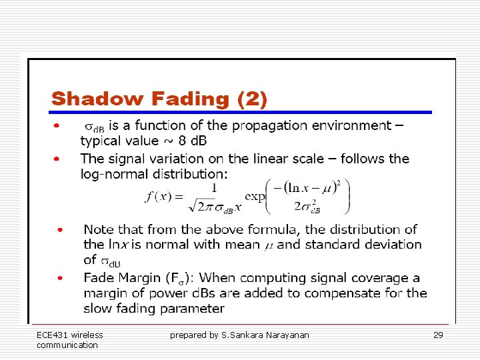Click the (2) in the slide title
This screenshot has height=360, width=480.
click(x=252, y=99)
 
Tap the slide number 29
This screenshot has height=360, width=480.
click(x=438, y=335)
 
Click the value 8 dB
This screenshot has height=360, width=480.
click(x=190, y=141)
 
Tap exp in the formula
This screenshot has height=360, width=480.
click(x=255, y=197)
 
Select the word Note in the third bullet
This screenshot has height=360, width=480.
click(x=99, y=229)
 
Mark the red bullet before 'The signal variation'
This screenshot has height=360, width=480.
click(x=58, y=159)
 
